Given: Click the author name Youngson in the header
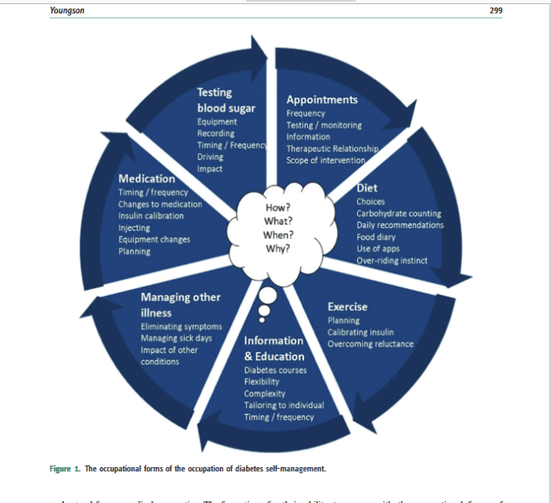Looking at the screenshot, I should pyautogui.click(x=69, y=11).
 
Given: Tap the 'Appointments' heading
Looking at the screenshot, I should pyautogui.click(x=322, y=100).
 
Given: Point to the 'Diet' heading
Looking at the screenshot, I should pyautogui.click(x=367, y=188).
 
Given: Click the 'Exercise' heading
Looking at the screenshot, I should pyautogui.click(x=347, y=307).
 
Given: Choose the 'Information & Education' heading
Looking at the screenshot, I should pyautogui.click(x=273, y=348).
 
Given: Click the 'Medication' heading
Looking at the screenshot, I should pyautogui.click(x=146, y=179).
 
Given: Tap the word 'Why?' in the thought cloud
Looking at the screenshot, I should pyautogui.click(x=278, y=247).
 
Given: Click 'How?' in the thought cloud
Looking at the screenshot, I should pyautogui.click(x=278, y=207).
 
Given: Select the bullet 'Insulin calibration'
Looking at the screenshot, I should pyautogui.click(x=151, y=217).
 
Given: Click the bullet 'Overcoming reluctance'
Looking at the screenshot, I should pyautogui.click(x=370, y=344).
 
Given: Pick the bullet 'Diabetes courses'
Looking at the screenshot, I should pyautogui.click(x=275, y=370).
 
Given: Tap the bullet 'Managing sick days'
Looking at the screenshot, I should pyautogui.click(x=175, y=338).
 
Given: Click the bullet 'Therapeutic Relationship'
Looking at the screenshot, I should pyautogui.click(x=331, y=148).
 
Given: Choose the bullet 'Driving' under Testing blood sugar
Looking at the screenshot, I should pyautogui.click(x=210, y=157).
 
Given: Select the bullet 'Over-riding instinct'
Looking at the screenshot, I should pyautogui.click(x=391, y=260).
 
